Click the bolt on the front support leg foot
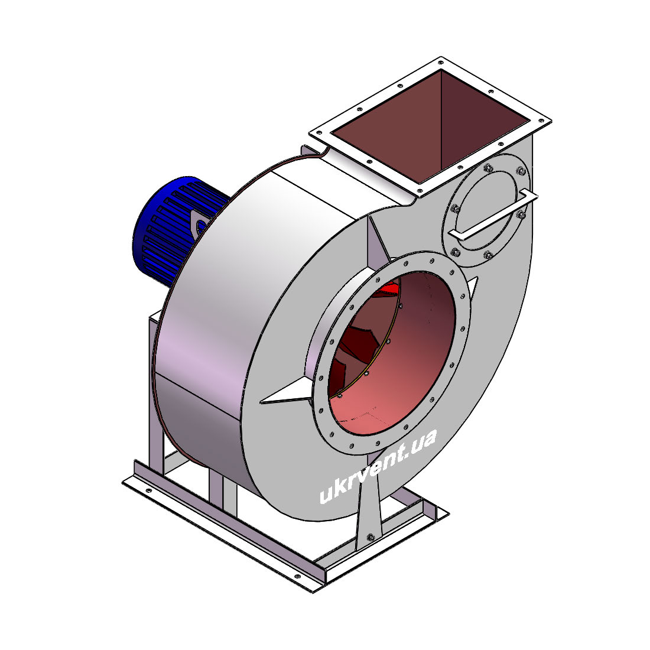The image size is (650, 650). click(x=370, y=537)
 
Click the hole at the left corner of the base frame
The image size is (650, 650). click(x=148, y=491)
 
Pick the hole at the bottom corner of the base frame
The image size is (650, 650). click(x=297, y=576)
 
